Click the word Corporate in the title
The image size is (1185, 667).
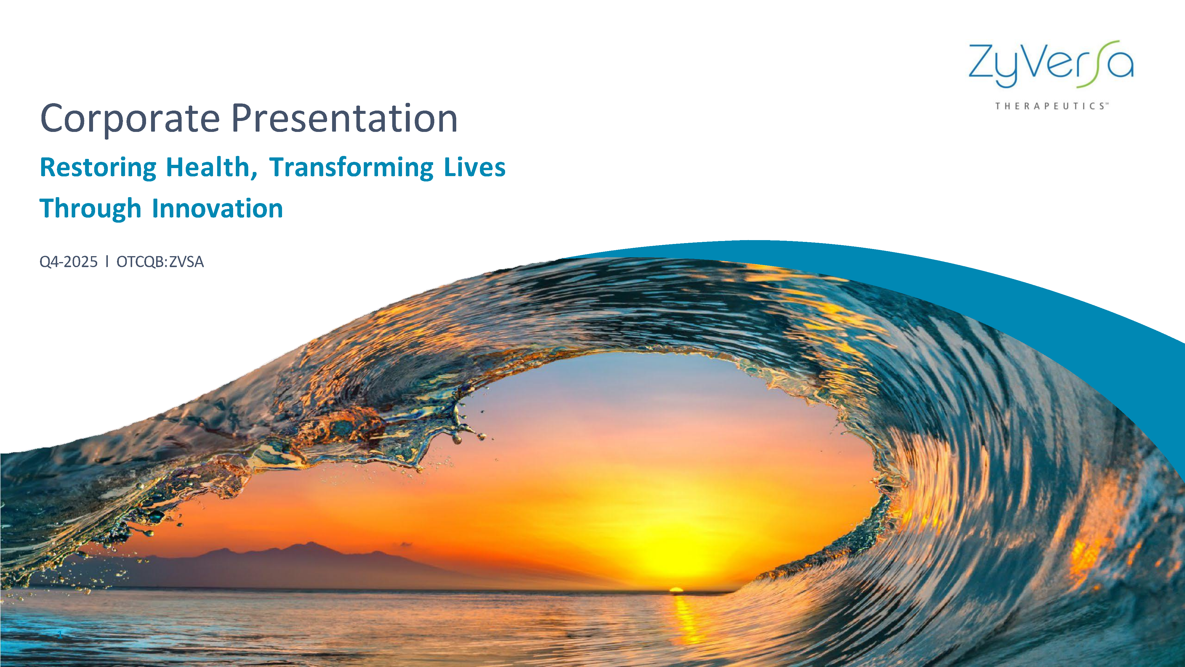130,119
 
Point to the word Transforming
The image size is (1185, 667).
351,167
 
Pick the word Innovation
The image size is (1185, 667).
217,208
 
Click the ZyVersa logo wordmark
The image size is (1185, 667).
1051,64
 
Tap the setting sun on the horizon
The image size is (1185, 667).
676,589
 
